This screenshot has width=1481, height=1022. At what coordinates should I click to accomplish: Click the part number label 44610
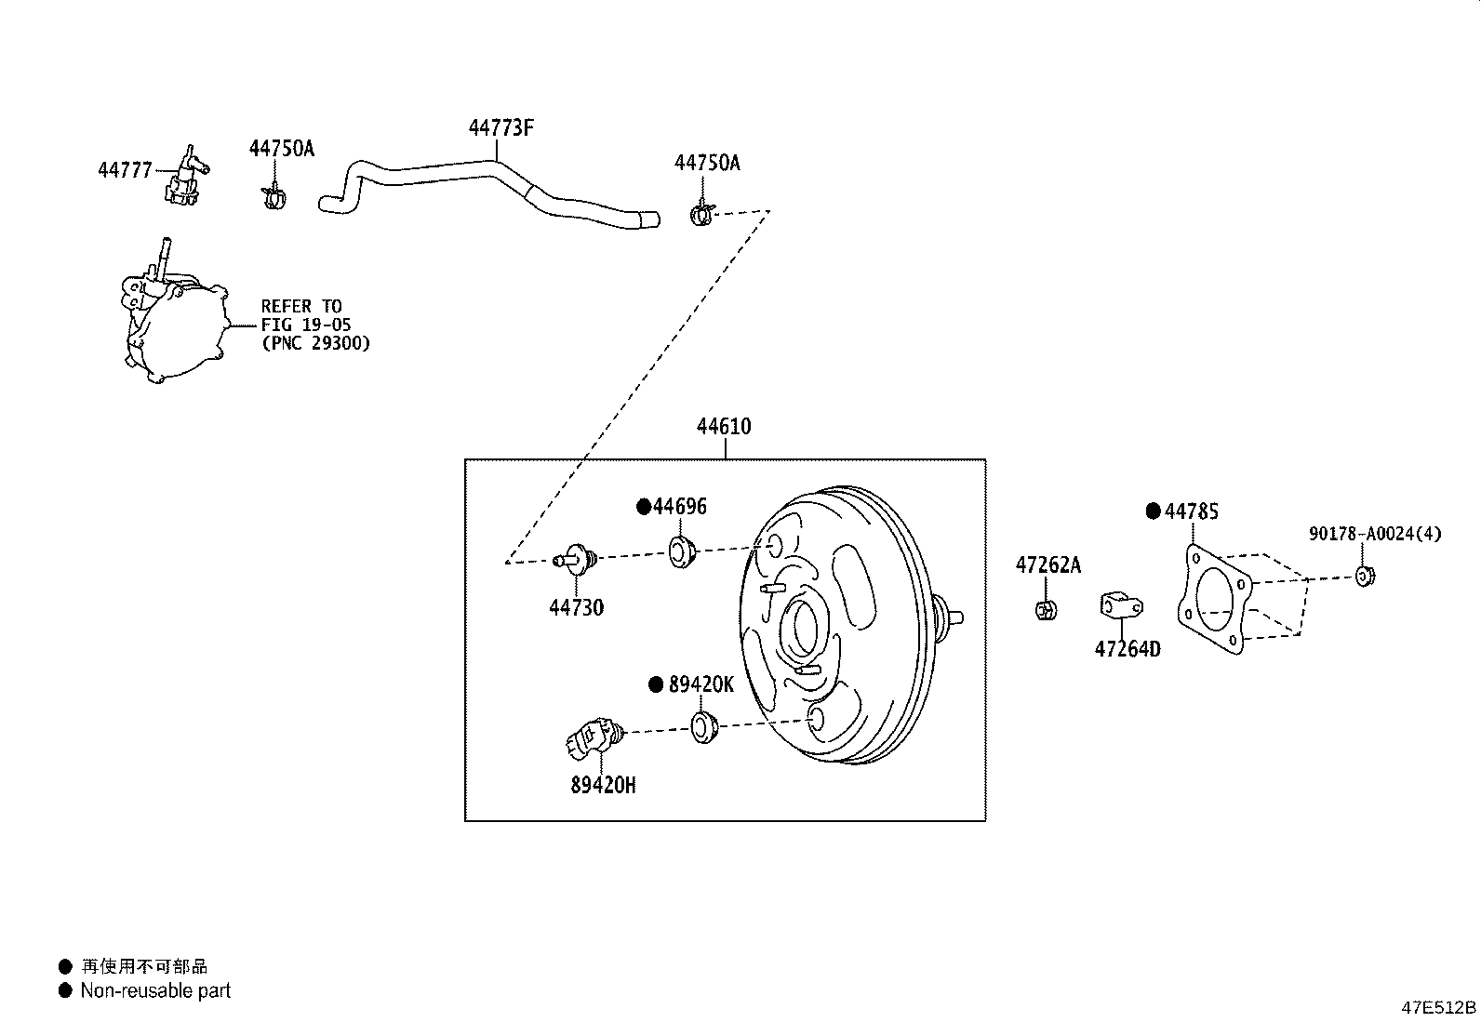pyautogui.click(x=724, y=427)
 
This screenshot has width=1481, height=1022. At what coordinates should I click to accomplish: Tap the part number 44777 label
pyautogui.click(x=125, y=170)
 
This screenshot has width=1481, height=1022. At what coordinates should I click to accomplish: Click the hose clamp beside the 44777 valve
pyautogui.click(x=273, y=197)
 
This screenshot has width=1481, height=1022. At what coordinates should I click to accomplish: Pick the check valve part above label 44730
pyautogui.click(x=577, y=559)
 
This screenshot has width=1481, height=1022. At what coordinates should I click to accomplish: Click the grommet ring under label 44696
pyautogui.click(x=683, y=551)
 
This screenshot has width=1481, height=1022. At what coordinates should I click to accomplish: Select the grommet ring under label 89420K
pyautogui.click(x=706, y=726)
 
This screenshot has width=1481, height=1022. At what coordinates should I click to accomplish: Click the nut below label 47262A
pyautogui.click(x=1045, y=610)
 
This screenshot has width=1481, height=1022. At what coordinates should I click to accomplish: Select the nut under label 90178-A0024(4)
pyautogui.click(x=1365, y=577)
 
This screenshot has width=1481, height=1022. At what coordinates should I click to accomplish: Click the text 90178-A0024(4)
pyautogui.click(x=1375, y=534)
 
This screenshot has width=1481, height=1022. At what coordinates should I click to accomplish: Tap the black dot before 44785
pyautogui.click(x=1154, y=511)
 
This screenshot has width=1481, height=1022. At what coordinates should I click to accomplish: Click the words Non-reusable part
pyautogui.click(x=155, y=990)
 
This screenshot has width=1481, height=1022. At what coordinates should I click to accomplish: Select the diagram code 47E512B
pyautogui.click(x=1438, y=1007)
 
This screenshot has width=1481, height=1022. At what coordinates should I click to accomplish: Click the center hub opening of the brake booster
pyautogui.click(x=802, y=630)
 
